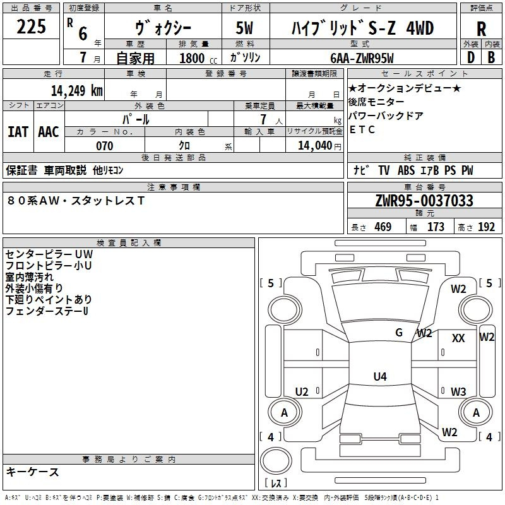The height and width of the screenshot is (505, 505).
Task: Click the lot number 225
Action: click(31, 27)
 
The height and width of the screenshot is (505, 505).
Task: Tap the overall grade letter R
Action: click(481, 29)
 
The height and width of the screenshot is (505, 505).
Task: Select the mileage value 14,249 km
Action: click(77, 91)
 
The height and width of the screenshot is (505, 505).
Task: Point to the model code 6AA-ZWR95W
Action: click(362, 58)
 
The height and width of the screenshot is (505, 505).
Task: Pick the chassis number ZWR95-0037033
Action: click(424, 201)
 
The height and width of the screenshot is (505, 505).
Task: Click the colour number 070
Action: click(105, 146)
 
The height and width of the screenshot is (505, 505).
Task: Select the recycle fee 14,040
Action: click(315, 146)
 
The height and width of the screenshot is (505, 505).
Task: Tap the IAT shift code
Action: click(18, 132)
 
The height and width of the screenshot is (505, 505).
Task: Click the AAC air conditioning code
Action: click(49, 132)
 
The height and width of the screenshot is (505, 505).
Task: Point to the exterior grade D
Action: click(471, 57)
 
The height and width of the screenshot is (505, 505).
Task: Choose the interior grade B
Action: click(491, 57)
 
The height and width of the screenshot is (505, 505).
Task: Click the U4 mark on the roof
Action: click(380, 376)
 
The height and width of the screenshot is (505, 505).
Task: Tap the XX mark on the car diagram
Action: click(458, 338)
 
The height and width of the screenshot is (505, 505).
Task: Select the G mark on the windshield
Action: click(399, 333)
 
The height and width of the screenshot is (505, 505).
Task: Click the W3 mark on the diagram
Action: click(458, 391)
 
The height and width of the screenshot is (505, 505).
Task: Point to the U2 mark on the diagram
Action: click(302, 391)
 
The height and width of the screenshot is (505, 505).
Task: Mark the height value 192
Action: click(486, 227)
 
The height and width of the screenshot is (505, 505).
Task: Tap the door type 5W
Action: click(244, 28)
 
